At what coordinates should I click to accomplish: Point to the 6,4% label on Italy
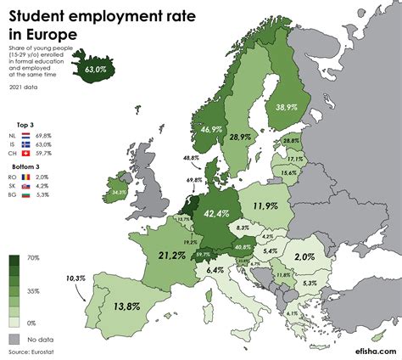point(215,270)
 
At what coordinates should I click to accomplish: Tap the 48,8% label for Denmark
point(191,158)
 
